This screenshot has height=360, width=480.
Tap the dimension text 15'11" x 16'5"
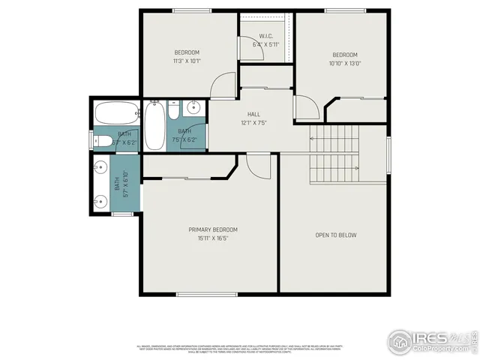point(213,238)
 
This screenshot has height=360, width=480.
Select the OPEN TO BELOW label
point(335,235)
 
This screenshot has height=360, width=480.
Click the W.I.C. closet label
point(266,36)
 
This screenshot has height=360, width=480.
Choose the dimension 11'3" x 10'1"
point(187,61)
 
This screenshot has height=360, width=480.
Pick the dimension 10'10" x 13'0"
point(345,64)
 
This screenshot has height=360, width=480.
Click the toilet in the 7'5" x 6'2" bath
point(173,112)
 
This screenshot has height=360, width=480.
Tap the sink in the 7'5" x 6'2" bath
point(192,107)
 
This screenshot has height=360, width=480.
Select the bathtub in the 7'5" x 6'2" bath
point(155,125)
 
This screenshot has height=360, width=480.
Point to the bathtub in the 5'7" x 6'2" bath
point(115,114)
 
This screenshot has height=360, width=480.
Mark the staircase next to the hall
point(334,153)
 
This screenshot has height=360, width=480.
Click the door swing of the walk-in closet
point(247,47)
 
